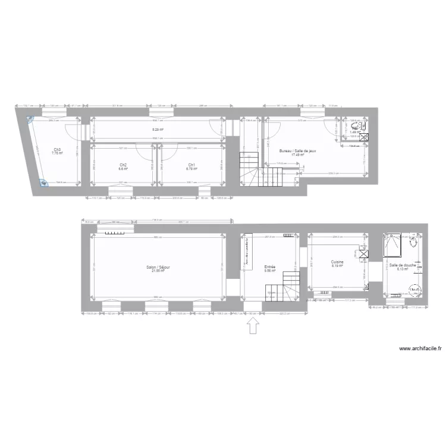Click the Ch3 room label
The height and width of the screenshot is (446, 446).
click(56, 150)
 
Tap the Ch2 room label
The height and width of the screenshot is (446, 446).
click(123, 165)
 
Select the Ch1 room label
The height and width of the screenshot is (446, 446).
click(191, 165)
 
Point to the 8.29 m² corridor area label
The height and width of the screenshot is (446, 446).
click(158, 129)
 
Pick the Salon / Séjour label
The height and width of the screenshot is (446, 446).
click(158, 268)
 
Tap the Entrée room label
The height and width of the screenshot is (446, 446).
click(270, 268)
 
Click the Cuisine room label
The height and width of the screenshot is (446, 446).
click(338, 262)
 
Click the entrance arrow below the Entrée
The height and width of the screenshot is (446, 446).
click(253, 326)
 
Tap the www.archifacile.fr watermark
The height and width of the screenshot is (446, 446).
click(420, 350)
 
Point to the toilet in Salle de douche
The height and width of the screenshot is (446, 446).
click(415, 242)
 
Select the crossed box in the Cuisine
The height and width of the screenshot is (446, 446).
click(363, 254)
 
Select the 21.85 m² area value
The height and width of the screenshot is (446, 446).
click(158, 271)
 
